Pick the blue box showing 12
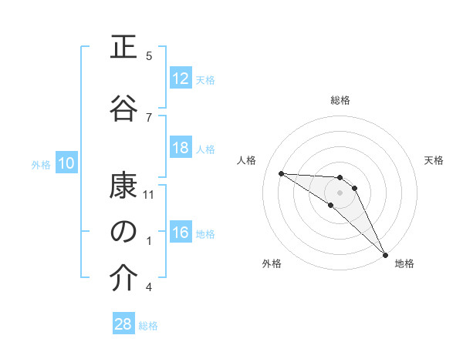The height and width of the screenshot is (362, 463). click(x=181, y=79)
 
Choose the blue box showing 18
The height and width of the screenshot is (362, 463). click(x=181, y=149)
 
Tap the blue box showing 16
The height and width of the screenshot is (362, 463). click(x=181, y=233)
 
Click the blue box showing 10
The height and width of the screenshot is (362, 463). click(x=66, y=163)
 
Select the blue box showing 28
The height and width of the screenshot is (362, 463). click(x=123, y=324)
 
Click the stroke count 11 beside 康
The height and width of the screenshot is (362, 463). click(x=149, y=194)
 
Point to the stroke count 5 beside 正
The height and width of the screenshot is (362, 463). click(x=149, y=55)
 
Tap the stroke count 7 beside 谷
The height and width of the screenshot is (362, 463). click(x=149, y=117)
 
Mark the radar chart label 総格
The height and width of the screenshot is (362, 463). click(x=340, y=100)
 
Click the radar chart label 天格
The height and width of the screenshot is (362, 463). click(x=434, y=160)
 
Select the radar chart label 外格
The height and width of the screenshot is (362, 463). click(x=272, y=263)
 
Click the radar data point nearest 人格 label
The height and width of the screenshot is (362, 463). click(x=281, y=173)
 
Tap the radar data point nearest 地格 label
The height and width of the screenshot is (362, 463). click(x=385, y=254)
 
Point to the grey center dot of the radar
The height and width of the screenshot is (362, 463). click(x=340, y=192)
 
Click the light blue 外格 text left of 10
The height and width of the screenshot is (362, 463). click(x=40, y=164)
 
